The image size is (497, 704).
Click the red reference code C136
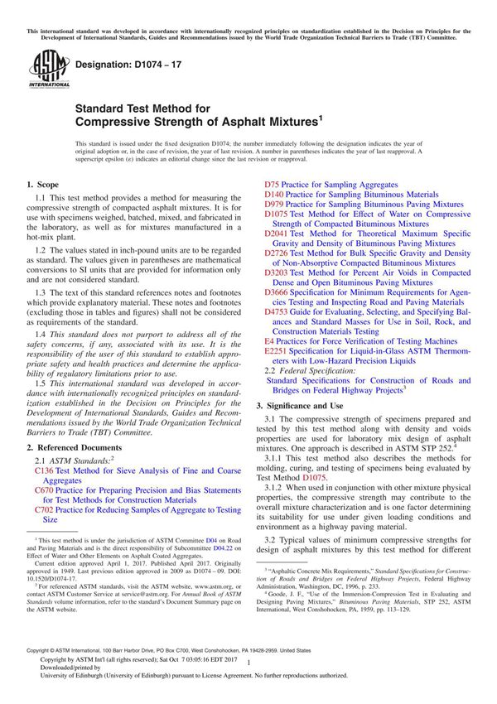44,469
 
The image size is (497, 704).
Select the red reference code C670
44,490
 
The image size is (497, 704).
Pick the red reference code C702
44,511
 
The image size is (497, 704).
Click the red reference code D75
272,185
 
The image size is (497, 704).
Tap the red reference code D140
274,195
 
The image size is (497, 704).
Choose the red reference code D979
274,205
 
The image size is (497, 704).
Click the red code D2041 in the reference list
277,235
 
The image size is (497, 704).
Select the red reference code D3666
277,292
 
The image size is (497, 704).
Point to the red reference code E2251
277,351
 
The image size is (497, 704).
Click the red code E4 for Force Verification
269,341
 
